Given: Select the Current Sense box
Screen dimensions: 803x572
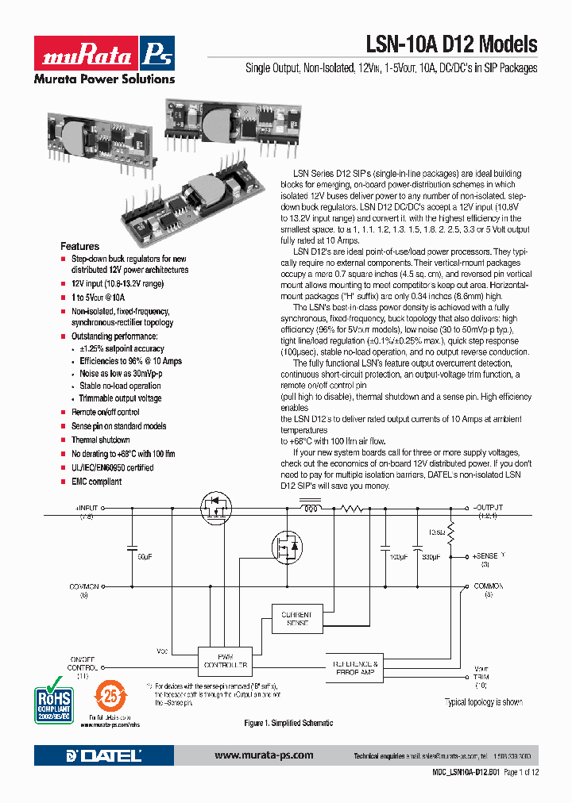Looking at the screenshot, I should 297,619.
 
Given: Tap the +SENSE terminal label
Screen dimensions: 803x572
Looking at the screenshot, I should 485,556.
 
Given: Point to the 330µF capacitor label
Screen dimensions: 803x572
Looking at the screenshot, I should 431,557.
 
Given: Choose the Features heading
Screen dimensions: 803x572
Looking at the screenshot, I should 80,246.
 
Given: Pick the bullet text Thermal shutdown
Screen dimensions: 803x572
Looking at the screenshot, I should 101,440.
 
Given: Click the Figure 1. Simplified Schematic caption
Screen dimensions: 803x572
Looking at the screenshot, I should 288,724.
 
